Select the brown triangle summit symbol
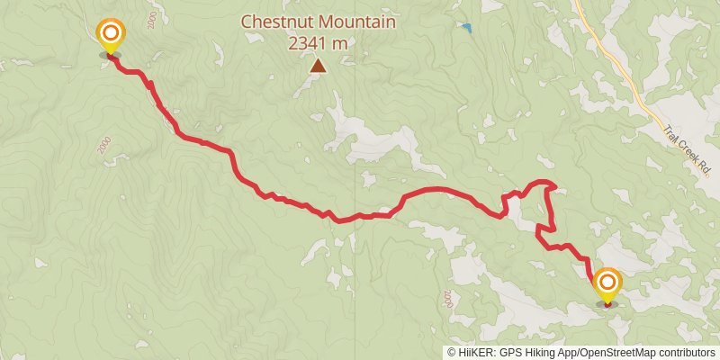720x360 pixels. click(318, 65)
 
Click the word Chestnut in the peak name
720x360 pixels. click(275, 21)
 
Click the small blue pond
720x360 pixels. click(466, 28)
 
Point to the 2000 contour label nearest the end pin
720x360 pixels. click(447, 298)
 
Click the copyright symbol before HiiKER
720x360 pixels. click(452, 353)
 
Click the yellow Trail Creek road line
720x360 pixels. click(621, 63)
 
